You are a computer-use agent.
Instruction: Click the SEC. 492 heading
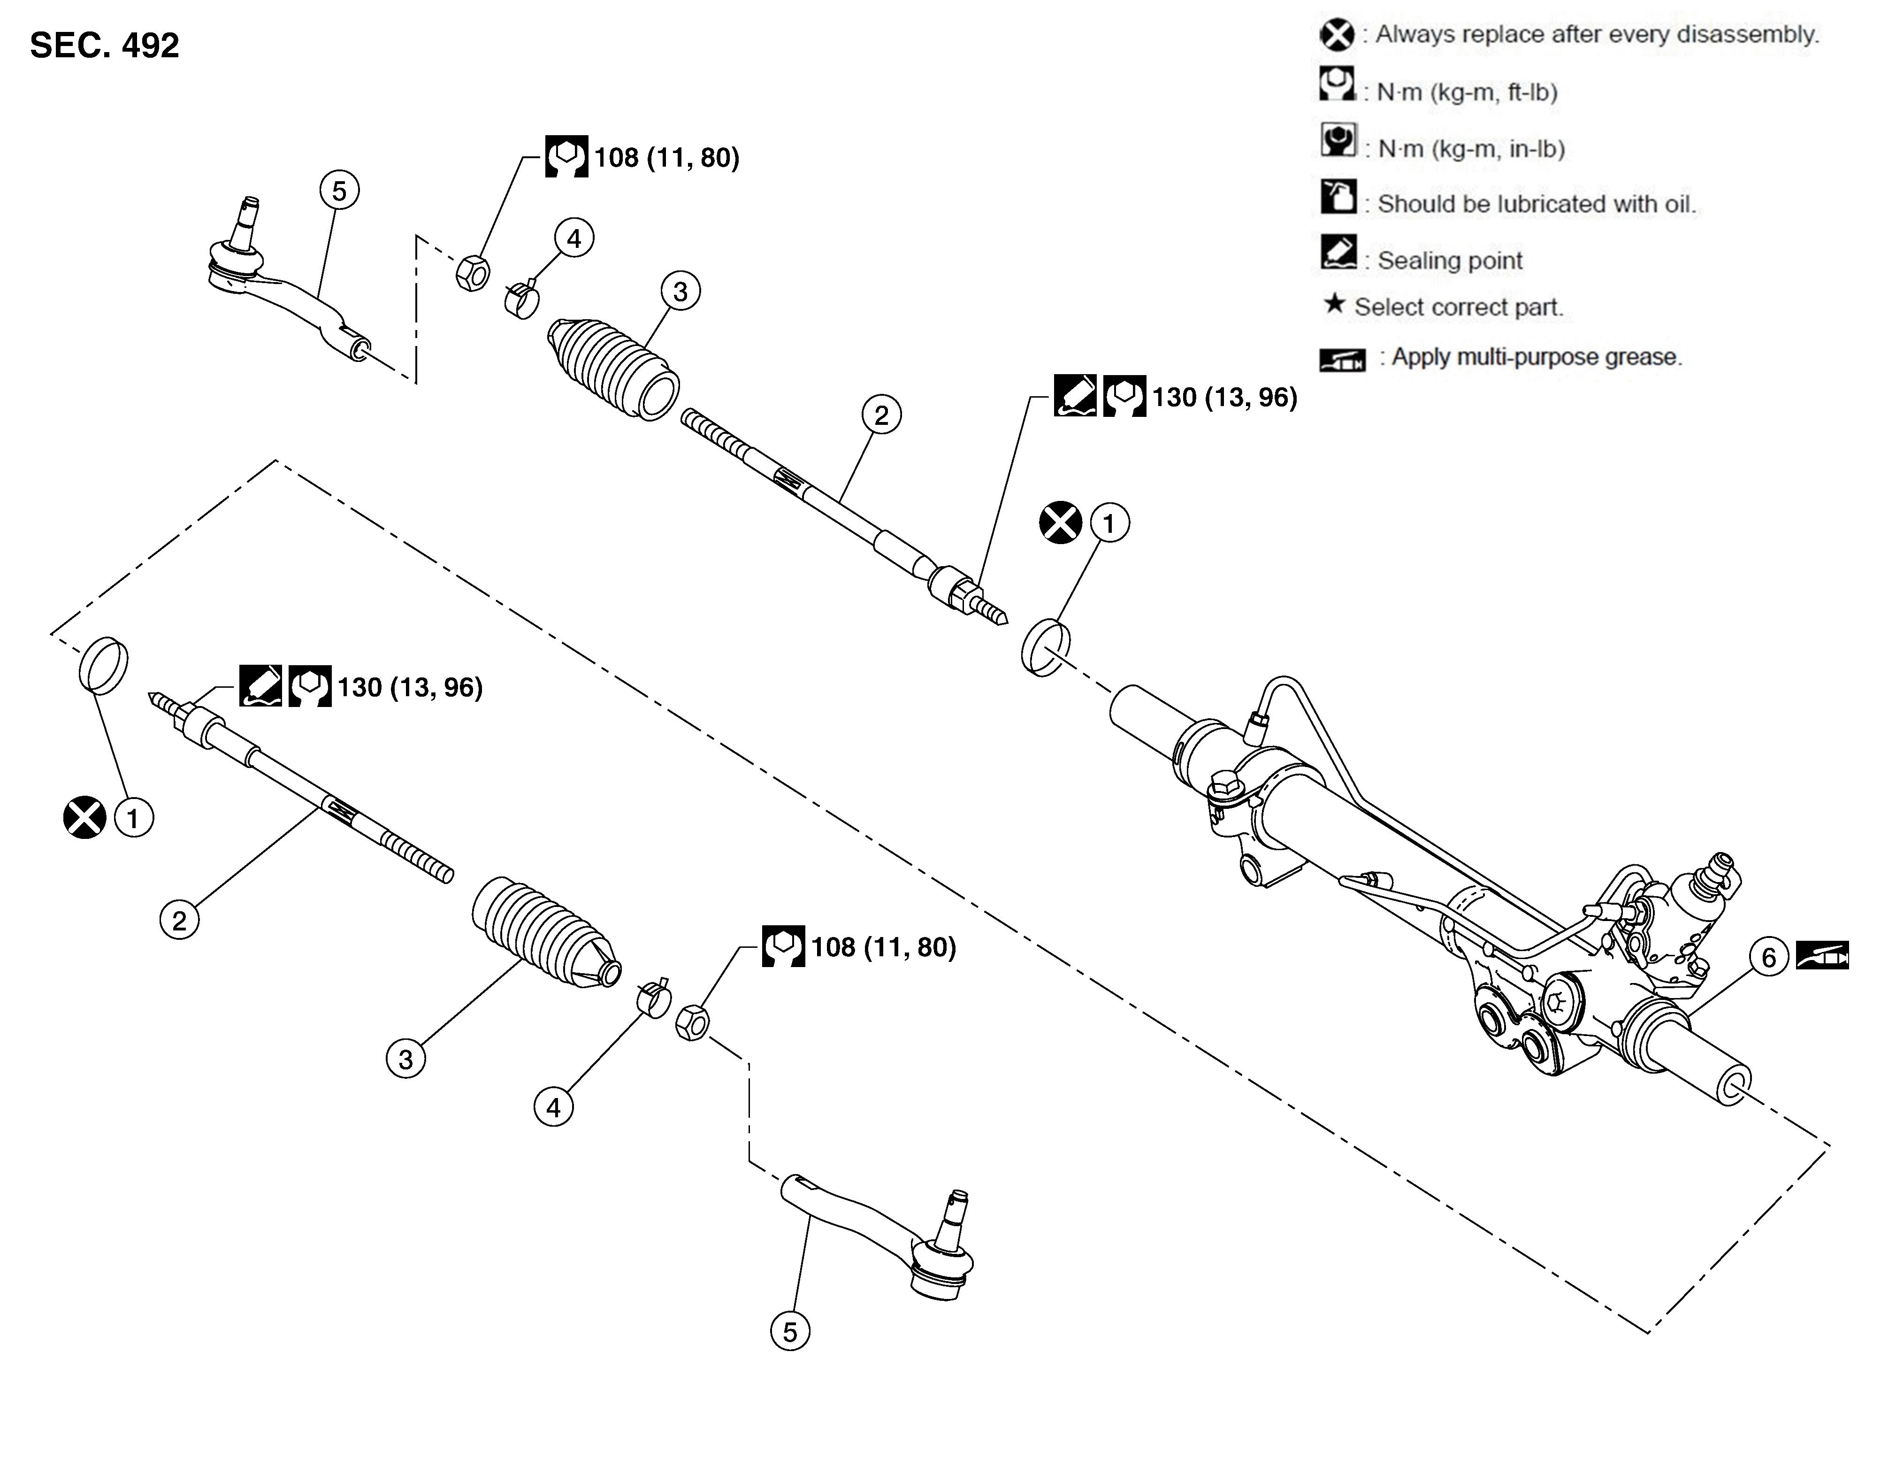[104, 45]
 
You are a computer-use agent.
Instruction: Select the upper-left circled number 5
[338, 190]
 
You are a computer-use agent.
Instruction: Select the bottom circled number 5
[789, 1332]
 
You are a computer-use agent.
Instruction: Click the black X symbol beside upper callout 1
[1060, 522]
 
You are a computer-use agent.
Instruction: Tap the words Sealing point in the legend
[1450, 261]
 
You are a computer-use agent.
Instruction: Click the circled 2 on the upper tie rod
[881, 415]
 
